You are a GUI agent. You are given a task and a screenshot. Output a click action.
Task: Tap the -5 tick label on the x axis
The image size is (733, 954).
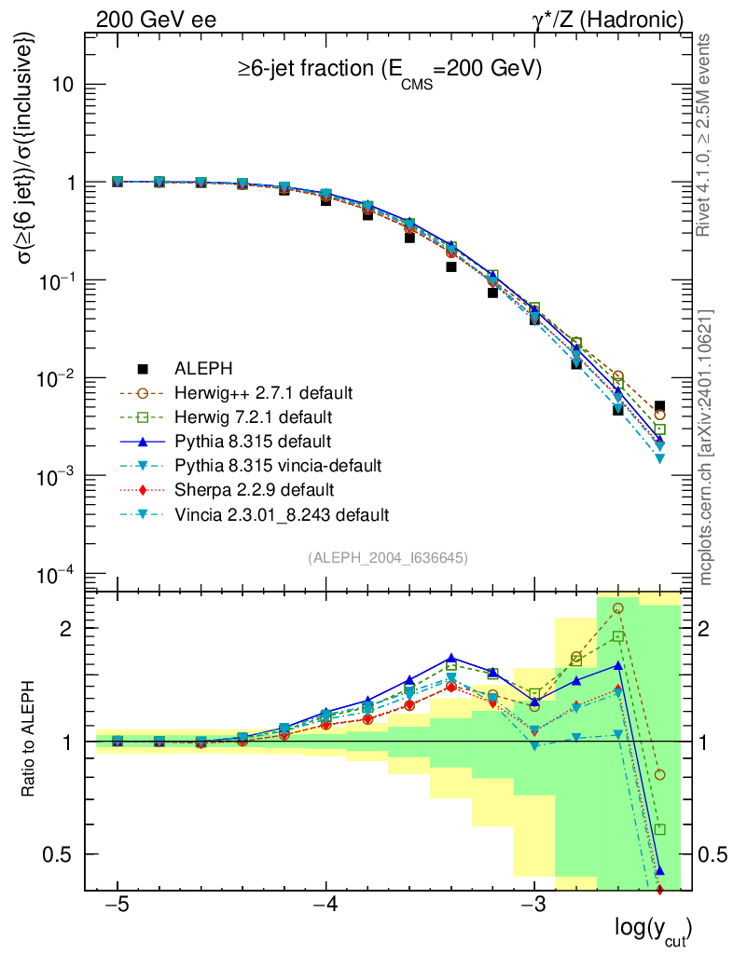tap(118, 907)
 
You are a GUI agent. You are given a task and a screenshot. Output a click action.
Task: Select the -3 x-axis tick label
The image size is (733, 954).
tap(533, 907)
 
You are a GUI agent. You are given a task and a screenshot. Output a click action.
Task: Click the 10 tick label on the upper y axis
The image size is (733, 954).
tap(62, 85)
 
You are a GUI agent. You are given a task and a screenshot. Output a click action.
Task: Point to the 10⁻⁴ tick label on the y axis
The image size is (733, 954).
tap(56, 574)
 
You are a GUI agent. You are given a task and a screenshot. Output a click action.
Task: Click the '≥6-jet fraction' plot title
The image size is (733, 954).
tap(391, 69)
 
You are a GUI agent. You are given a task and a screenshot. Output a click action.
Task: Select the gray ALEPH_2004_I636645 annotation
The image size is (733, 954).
tap(387, 557)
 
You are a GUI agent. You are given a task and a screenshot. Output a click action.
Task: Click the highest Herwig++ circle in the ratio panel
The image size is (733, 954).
tap(617, 608)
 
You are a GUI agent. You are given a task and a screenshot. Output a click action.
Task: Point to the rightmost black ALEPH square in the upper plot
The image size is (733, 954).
tap(659, 406)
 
